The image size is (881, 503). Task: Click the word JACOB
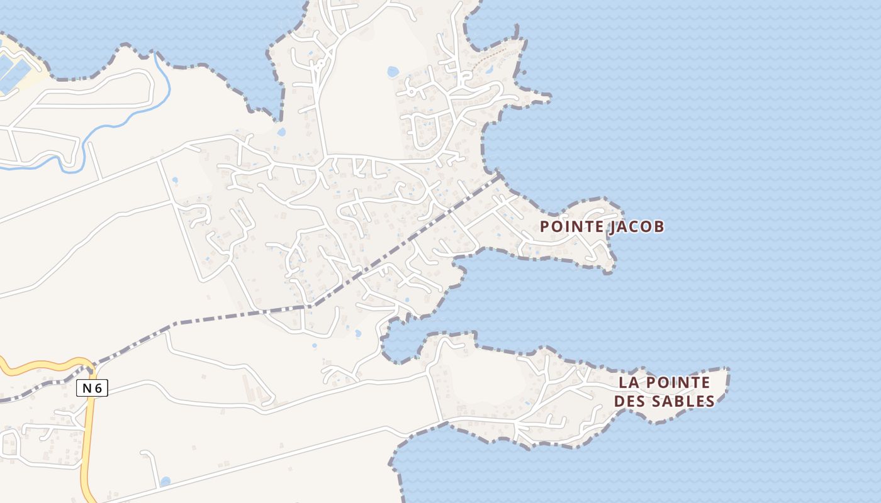[636, 226]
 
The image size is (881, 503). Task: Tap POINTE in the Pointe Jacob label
[573, 226]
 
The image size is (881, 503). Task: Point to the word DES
[629, 401]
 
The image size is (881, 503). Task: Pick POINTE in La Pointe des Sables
[678, 382]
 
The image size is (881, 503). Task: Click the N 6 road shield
[92, 389]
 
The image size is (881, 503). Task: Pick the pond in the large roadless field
[393, 72]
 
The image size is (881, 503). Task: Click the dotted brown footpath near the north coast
[497, 53]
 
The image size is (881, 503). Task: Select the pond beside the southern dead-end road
[165, 482]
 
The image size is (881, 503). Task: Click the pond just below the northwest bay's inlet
[281, 133]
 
